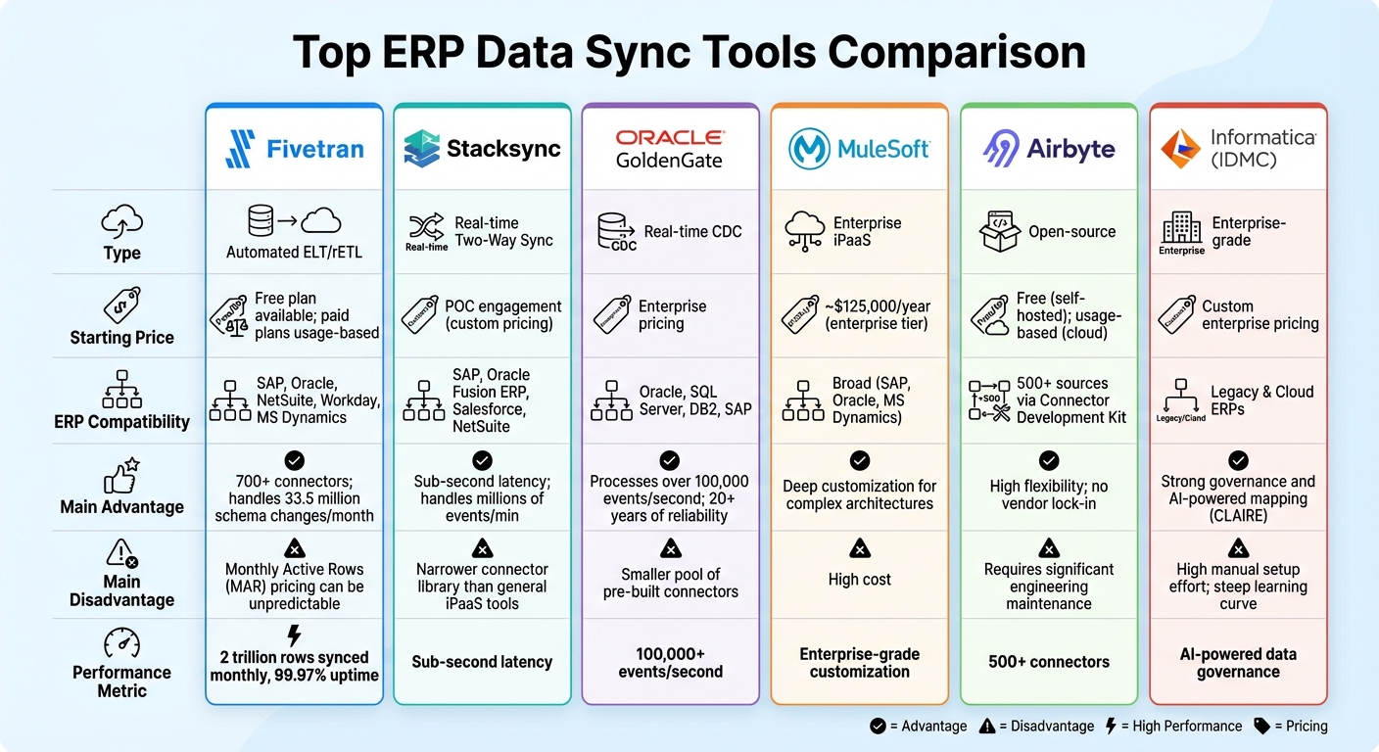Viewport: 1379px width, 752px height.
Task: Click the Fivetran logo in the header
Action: coord(241,149)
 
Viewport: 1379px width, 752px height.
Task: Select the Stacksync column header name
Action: coord(503,149)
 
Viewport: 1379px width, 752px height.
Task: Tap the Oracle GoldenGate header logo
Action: coord(670,148)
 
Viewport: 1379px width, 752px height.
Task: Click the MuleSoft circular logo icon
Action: coord(810,149)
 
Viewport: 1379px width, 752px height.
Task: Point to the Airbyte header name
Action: coord(1070,149)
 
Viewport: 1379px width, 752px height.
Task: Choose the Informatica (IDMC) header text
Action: coord(1262,148)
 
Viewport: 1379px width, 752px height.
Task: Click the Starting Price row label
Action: coord(121,337)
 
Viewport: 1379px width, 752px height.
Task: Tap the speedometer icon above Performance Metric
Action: coord(121,643)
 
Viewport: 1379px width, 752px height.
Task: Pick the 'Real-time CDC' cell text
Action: coord(692,232)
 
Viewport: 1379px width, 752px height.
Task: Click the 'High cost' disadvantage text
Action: coord(859,580)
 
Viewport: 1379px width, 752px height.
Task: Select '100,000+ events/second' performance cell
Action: coord(670,662)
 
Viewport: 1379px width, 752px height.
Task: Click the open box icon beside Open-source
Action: coord(999,232)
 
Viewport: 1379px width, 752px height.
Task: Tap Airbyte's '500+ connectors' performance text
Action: coord(1049,662)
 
